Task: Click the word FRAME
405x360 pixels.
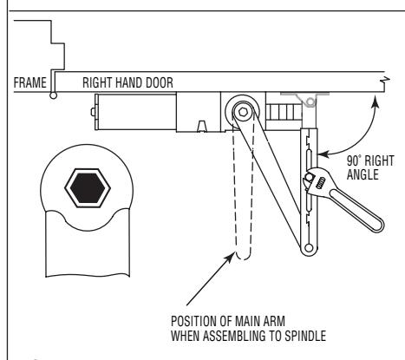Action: pos(30,82)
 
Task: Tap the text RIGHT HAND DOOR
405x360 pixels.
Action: pos(127,82)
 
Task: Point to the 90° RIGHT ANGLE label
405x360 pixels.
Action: pos(370,167)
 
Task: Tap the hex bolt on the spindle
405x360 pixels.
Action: pos(243,111)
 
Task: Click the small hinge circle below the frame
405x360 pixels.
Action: pos(54,95)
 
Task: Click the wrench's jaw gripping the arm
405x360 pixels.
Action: pos(309,180)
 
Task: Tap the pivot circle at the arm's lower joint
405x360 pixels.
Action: pos(309,247)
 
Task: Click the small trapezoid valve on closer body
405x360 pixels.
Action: pos(202,126)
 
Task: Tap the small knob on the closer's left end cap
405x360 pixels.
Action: pos(93,112)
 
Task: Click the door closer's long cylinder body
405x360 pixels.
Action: pos(137,112)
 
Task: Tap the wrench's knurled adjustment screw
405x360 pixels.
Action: pos(321,183)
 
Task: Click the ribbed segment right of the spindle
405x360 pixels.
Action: pos(284,113)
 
